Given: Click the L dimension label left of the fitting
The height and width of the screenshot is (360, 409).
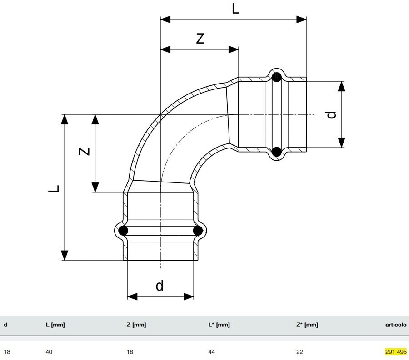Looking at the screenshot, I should (54, 188).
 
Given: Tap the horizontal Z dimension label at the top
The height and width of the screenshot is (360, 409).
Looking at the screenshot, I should (200, 39).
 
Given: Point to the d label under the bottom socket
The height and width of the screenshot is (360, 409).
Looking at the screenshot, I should (160, 286).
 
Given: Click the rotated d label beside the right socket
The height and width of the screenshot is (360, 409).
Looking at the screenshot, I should (332, 114).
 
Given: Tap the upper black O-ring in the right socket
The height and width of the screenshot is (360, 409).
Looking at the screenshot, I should (276, 77).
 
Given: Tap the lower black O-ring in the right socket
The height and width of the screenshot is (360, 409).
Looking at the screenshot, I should (276, 151).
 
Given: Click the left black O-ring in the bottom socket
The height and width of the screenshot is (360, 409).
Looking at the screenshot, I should (123, 231).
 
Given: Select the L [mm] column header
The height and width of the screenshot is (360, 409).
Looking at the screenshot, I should (55, 325).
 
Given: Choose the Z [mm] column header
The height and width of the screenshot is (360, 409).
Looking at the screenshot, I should (136, 325).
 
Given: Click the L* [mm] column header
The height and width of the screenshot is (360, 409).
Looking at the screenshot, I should (219, 325).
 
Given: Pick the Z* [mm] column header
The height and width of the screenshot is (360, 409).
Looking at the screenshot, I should (307, 325).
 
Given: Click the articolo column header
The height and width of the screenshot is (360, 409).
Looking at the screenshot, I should (396, 325).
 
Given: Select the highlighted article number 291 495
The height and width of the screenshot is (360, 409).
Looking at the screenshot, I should (396, 351).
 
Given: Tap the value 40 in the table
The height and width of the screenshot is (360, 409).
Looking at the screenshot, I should (49, 351).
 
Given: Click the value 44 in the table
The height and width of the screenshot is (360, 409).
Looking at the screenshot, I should (212, 351).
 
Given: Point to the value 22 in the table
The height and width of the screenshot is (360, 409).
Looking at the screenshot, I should (299, 351).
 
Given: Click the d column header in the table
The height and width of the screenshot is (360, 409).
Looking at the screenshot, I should (5, 325).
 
